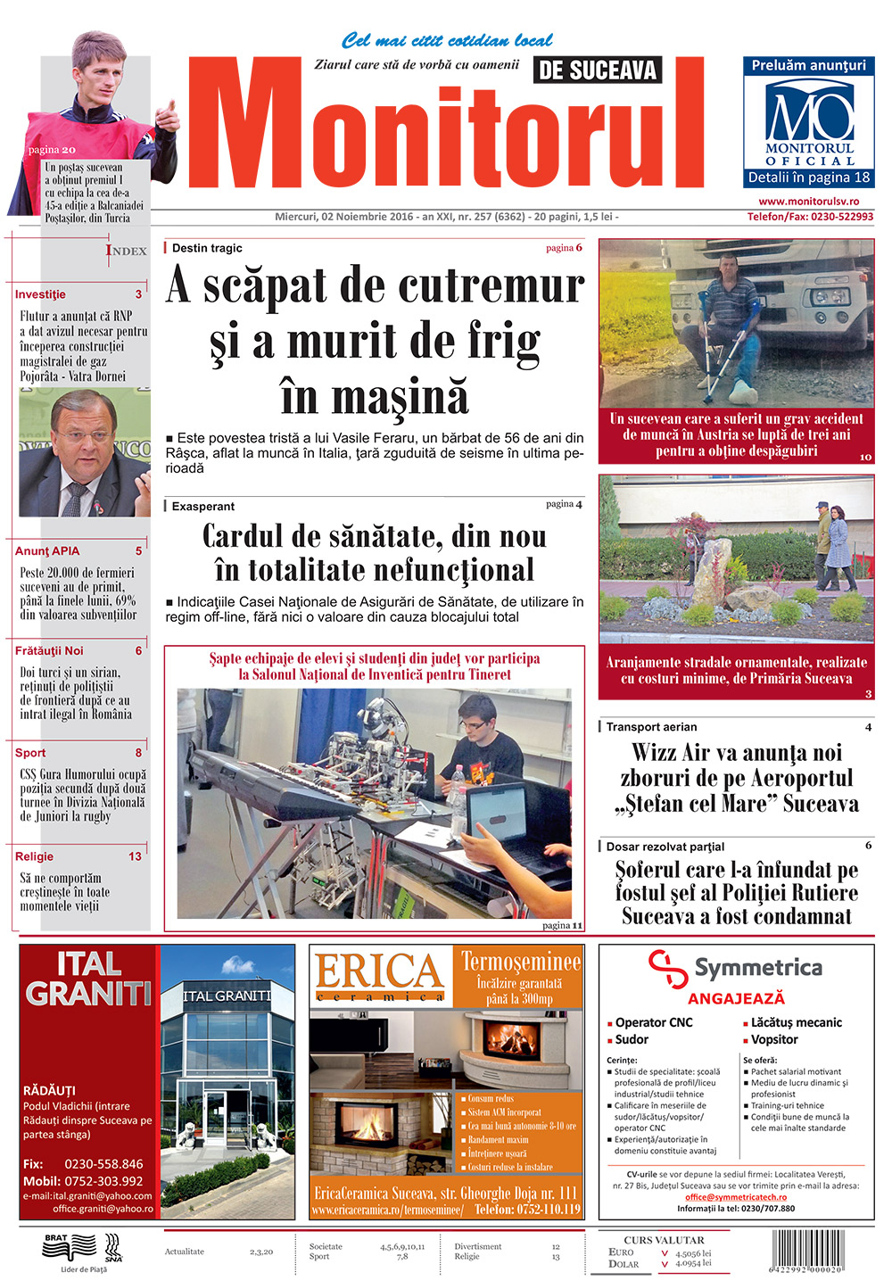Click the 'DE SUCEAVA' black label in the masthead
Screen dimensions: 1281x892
[598, 70]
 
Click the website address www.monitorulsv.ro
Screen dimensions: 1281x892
[809, 202]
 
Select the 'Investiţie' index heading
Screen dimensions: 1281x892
[40, 294]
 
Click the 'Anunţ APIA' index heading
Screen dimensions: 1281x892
[47, 551]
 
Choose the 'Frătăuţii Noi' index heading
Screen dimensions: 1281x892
[49, 651]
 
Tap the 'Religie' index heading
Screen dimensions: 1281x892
[34, 856]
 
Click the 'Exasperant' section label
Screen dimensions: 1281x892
[203, 507]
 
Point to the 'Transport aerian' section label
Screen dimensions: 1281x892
[651, 727]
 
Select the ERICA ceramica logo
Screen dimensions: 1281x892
[380, 976]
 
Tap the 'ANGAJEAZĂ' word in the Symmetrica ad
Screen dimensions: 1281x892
[736, 999]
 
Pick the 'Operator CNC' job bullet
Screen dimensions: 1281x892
[653, 1022]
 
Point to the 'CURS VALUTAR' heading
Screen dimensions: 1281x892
[664, 1240]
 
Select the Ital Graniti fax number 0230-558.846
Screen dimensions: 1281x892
[103, 1164]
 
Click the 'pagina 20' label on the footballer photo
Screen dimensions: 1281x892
[52, 150]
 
